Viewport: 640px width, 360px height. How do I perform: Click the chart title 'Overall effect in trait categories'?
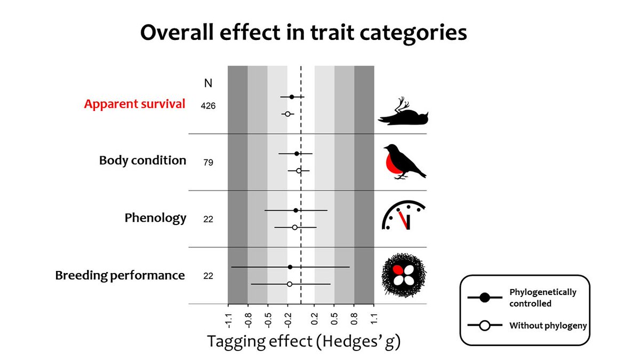tap(303, 33)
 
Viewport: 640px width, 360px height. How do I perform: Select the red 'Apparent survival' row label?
tap(134, 104)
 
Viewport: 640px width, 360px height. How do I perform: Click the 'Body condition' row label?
tap(143, 161)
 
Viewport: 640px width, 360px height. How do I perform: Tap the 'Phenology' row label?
tap(156, 218)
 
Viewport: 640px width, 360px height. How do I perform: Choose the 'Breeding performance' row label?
tap(121, 276)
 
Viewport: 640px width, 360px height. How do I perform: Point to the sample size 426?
tap(208, 106)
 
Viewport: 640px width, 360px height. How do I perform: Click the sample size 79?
tap(208, 162)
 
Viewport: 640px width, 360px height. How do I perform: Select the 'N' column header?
tap(208, 83)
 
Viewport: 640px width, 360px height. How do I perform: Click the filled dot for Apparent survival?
tap(292, 97)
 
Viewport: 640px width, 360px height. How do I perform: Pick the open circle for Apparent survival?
tap(287, 114)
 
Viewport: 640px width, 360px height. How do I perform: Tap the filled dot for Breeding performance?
tap(290, 267)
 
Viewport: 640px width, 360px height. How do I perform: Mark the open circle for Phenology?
tap(294, 227)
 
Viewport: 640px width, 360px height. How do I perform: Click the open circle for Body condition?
tap(299, 171)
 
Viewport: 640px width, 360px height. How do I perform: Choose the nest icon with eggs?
tap(404, 275)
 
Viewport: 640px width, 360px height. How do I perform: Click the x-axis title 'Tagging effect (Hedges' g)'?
tap(303, 341)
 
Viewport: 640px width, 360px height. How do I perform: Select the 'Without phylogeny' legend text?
tap(548, 325)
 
